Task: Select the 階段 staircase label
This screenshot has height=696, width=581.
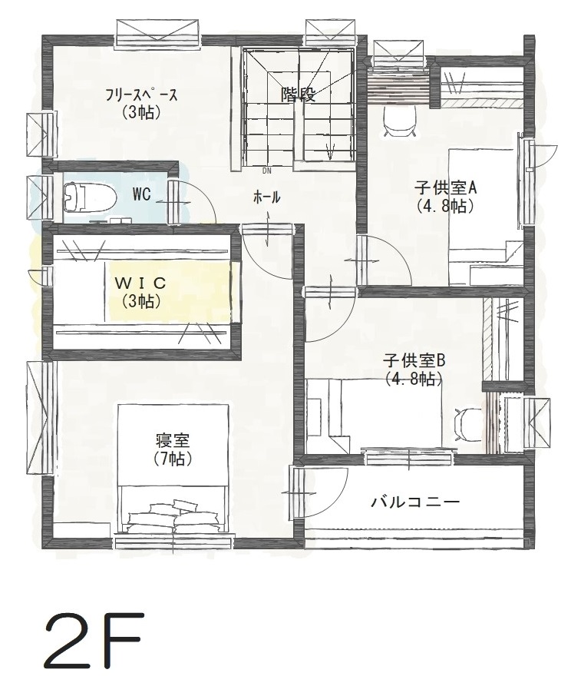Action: coord(299,94)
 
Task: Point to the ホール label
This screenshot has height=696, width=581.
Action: coord(266,198)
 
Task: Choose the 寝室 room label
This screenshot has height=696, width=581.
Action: coord(172,441)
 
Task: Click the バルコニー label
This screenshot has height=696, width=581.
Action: coord(415,502)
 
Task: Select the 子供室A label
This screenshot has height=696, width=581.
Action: coord(446,187)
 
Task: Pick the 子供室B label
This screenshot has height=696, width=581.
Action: coord(415,360)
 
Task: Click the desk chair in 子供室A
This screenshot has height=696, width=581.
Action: coord(398,120)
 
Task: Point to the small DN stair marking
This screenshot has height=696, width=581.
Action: coord(266,171)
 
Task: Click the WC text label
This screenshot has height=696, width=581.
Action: coord(140,194)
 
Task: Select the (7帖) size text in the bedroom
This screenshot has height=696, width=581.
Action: coord(172,459)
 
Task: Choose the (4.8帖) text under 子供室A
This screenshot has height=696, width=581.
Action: coord(445,206)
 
